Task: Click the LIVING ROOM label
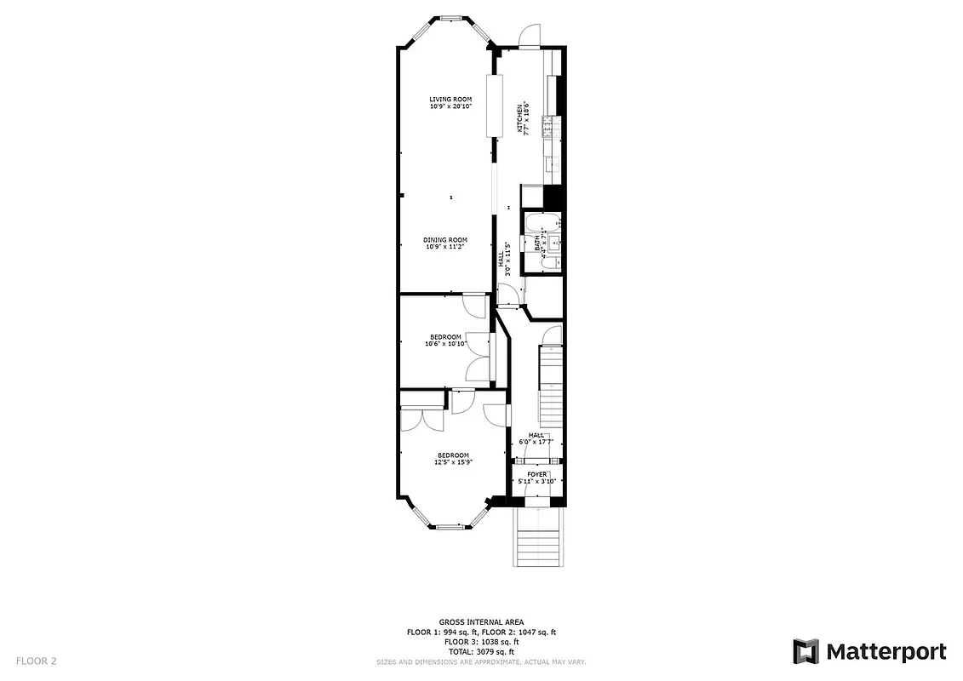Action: click(x=450, y=100)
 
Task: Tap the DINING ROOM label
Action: click(x=446, y=240)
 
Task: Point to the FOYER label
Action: click(x=536, y=474)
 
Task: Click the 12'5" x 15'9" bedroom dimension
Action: click(x=454, y=462)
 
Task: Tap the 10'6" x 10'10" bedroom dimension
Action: click(x=445, y=345)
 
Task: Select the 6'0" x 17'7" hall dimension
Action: click(x=536, y=443)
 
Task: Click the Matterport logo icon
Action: click(x=805, y=652)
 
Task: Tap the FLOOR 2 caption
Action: click(x=36, y=661)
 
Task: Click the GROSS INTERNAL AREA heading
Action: click(x=481, y=622)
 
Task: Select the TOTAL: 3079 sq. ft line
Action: click(x=481, y=651)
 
